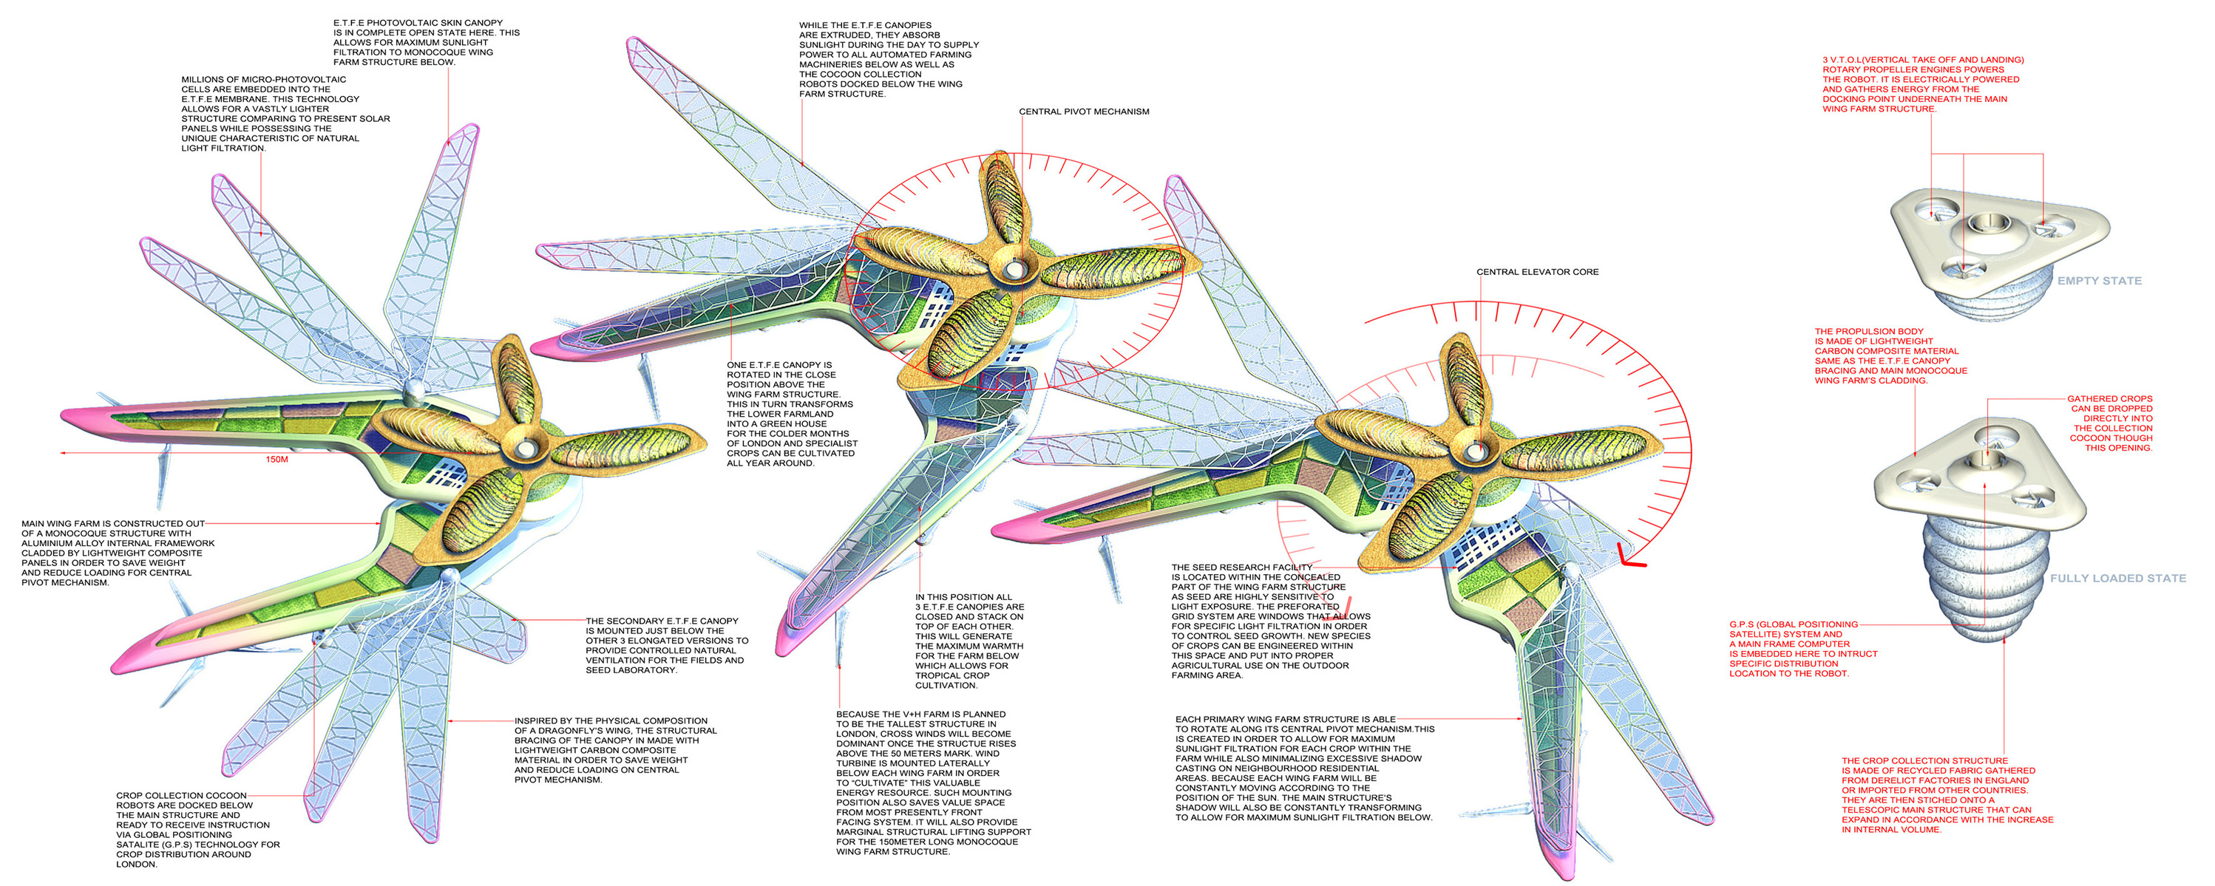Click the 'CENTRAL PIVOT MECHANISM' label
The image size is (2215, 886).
[x=1083, y=112]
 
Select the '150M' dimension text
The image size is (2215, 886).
[x=277, y=460]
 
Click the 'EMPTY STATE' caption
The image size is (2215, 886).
[x=2099, y=281]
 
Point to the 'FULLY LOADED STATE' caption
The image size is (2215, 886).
[x=2118, y=579]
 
